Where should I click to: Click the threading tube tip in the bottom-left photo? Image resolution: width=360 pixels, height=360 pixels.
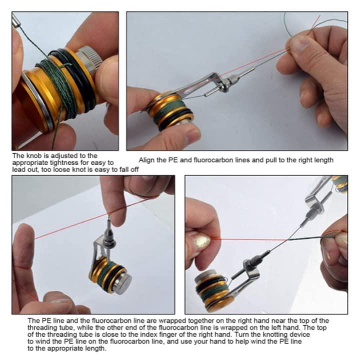[108, 222]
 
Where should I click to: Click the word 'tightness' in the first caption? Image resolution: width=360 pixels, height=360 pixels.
[64, 163]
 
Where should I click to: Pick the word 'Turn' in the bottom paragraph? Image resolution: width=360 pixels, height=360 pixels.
[240, 334]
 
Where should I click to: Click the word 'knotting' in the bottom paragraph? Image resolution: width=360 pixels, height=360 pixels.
[274, 334]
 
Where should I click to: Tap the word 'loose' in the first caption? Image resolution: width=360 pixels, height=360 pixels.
[62, 169]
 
